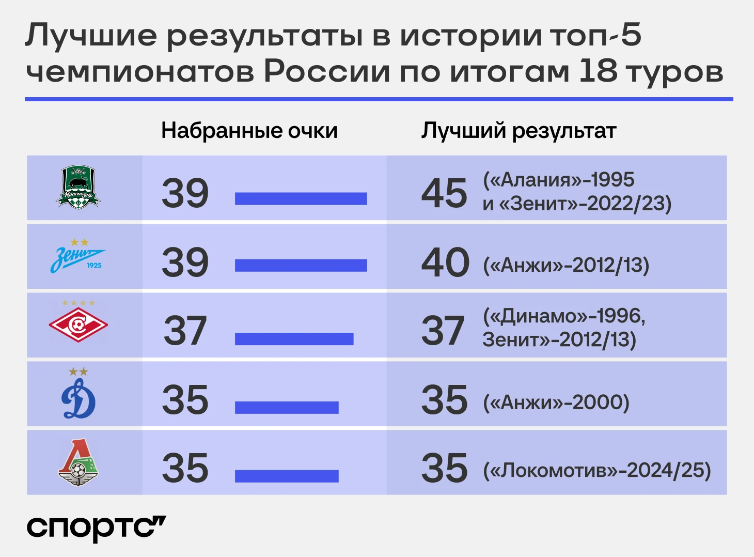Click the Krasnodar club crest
pyautogui.click(x=78, y=187)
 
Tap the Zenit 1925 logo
pyautogui.click(x=78, y=256)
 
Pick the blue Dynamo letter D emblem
pyautogui.click(x=78, y=394)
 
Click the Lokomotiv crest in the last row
pyautogui.click(x=78, y=462)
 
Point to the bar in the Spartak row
pyautogui.click(x=294, y=339)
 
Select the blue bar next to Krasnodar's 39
pyautogui.click(x=301, y=199)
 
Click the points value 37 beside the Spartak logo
pyautogui.click(x=185, y=330)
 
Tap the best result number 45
pyautogui.click(x=444, y=193)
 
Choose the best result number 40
pyautogui.click(x=445, y=262)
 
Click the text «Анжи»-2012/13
pyautogui.click(x=566, y=265)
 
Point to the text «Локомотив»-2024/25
pyautogui.click(x=597, y=470)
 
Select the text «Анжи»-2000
pyautogui.click(x=556, y=403)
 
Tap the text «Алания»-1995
pyautogui.click(x=559, y=180)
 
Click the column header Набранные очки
pyautogui.click(x=249, y=131)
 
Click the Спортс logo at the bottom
pyautogui.click(x=96, y=528)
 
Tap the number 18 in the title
pyautogui.click(x=599, y=71)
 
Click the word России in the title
pyautogui.click(x=327, y=71)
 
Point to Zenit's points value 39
pyautogui.click(x=185, y=262)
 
